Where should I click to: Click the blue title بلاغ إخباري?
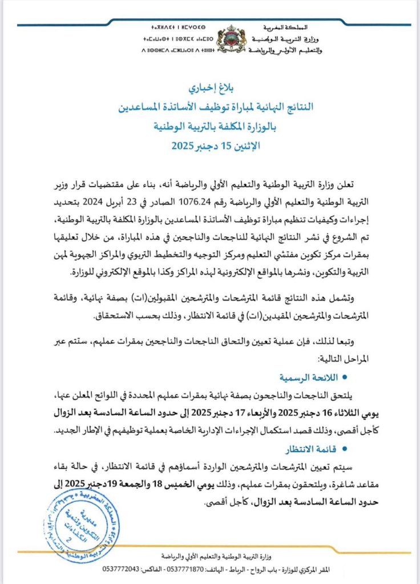tap(211, 88)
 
